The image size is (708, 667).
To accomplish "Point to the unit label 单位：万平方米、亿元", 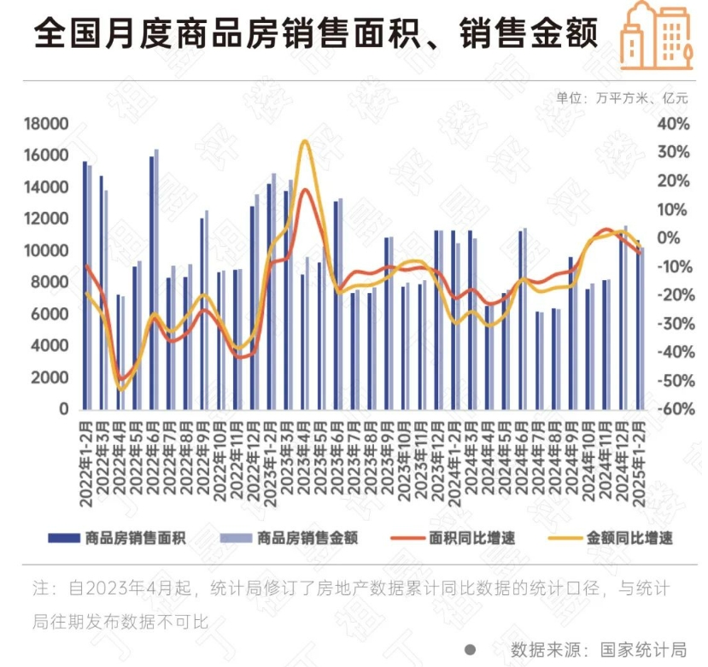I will (x=621, y=98).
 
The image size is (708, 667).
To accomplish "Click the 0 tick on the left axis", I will (x=64, y=409).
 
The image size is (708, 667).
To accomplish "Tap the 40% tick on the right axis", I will (x=673, y=125).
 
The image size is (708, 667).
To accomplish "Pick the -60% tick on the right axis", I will (x=671, y=409).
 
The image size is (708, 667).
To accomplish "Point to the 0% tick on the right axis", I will (x=677, y=238).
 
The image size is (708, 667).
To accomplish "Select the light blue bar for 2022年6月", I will (x=156, y=279).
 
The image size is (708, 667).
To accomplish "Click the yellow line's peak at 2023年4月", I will (x=304, y=142).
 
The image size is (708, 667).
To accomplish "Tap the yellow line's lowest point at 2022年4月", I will (x=120, y=389).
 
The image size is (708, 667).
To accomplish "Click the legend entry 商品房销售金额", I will (x=307, y=537).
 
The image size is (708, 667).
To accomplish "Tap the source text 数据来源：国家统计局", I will (x=597, y=648).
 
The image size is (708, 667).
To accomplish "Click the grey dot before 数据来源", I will (x=470, y=648).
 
